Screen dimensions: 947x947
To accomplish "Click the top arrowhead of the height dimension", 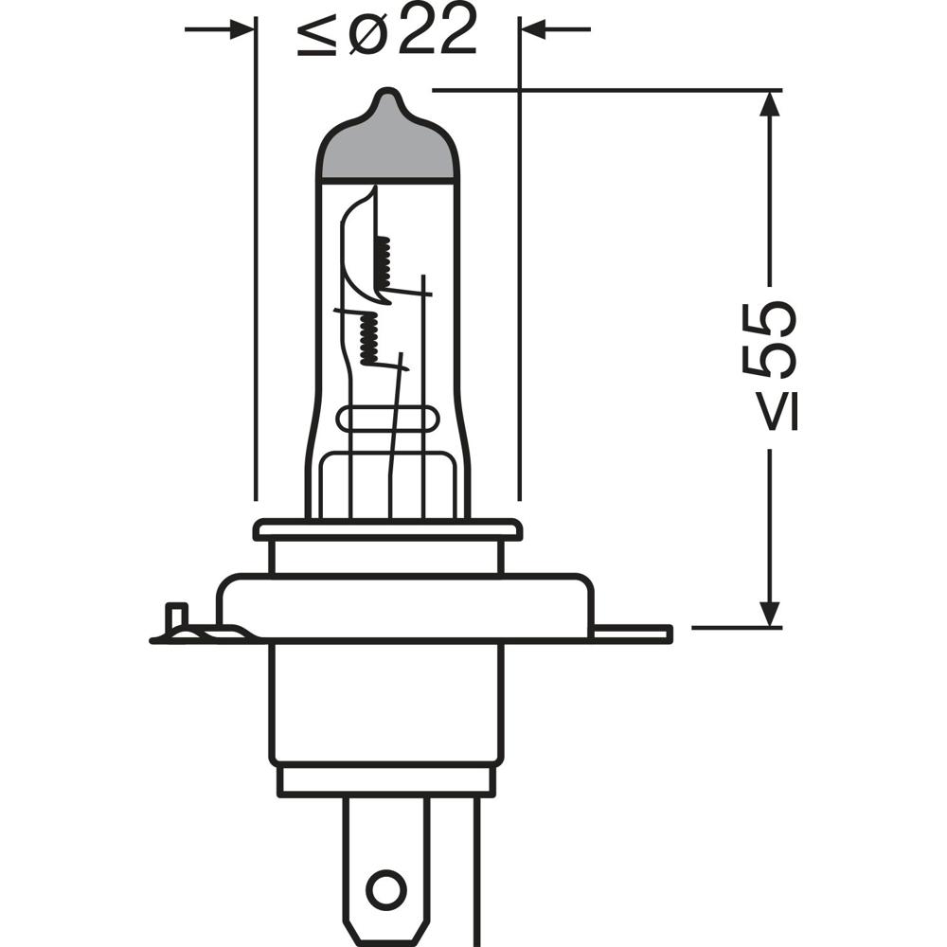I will click(770, 104).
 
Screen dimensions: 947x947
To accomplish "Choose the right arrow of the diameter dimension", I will click(536, 30).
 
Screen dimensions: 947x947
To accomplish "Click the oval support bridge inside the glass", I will click(388, 420).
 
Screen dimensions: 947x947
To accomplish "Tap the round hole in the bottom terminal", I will click(385, 890).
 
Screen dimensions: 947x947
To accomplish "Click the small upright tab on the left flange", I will click(174, 616).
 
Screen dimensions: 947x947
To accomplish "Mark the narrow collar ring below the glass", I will click(387, 529).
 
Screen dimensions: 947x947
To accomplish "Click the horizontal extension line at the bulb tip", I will click(606, 91).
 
